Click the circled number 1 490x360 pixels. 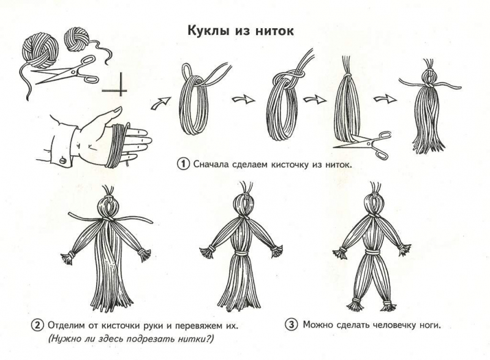coord(183,164)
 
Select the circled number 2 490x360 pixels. coord(37,325)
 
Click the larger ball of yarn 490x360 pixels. coord(40,51)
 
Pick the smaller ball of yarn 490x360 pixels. coord(76,39)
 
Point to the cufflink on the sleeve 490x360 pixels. coord(62,161)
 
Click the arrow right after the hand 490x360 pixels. coord(160,103)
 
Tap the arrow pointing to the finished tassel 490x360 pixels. coord(385,99)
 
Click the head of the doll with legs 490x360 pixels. coord(374,204)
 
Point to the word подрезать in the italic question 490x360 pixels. coord(146,339)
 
